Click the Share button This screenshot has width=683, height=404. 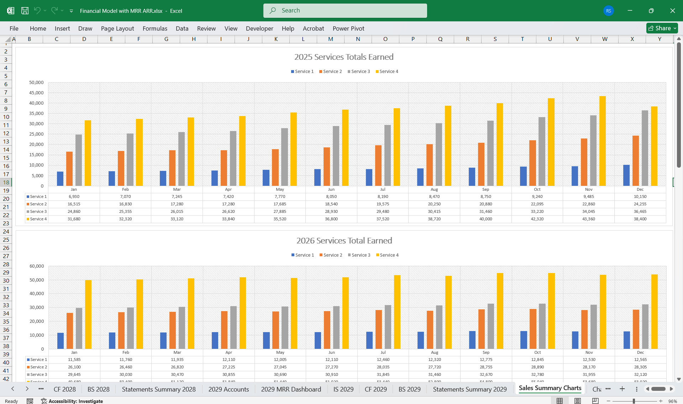[x=662, y=28]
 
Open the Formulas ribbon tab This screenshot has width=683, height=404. [x=155, y=28]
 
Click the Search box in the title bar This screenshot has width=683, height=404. [x=345, y=11]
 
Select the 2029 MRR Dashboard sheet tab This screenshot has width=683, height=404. [x=291, y=389]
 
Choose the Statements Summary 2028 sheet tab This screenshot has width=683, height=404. [x=159, y=389]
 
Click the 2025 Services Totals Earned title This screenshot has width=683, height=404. [x=344, y=57]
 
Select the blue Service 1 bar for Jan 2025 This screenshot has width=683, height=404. [x=60, y=179]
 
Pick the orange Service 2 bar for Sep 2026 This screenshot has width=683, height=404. [x=481, y=329]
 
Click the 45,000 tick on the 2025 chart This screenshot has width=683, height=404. [x=36, y=93]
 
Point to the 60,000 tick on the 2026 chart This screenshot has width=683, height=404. [x=37, y=266]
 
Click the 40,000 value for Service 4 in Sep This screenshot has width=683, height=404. [x=485, y=219]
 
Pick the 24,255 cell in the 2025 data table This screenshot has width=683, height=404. [x=640, y=204]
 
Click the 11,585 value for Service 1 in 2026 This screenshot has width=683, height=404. [x=74, y=360]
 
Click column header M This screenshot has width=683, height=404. [x=331, y=39]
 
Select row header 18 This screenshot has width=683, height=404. [x=6, y=182]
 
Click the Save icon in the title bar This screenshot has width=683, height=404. [x=25, y=11]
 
